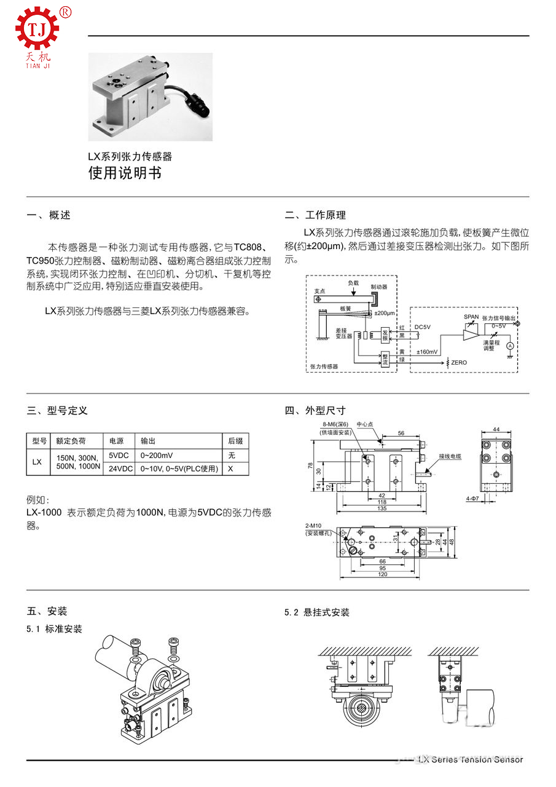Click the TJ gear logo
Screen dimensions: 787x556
(x=37, y=28)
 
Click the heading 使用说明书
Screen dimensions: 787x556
(x=125, y=173)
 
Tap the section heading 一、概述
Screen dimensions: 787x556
(x=49, y=215)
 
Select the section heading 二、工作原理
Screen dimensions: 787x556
(x=315, y=215)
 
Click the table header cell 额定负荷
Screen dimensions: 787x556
(x=71, y=441)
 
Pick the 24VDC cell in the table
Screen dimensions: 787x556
(x=120, y=469)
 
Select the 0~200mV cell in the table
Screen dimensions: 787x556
(x=157, y=456)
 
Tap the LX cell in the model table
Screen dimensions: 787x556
(x=37, y=462)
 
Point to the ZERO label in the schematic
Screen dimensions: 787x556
(x=459, y=363)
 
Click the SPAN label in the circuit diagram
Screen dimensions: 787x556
(x=471, y=317)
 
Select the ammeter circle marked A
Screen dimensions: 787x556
(x=509, y=347)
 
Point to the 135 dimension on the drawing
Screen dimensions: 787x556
(x=381, y=508)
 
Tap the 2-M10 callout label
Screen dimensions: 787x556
(x=315, y=526)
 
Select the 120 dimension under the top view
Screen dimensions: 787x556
(x=381, y=574)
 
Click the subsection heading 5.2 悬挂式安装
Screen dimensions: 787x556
(x=317, y=612)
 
